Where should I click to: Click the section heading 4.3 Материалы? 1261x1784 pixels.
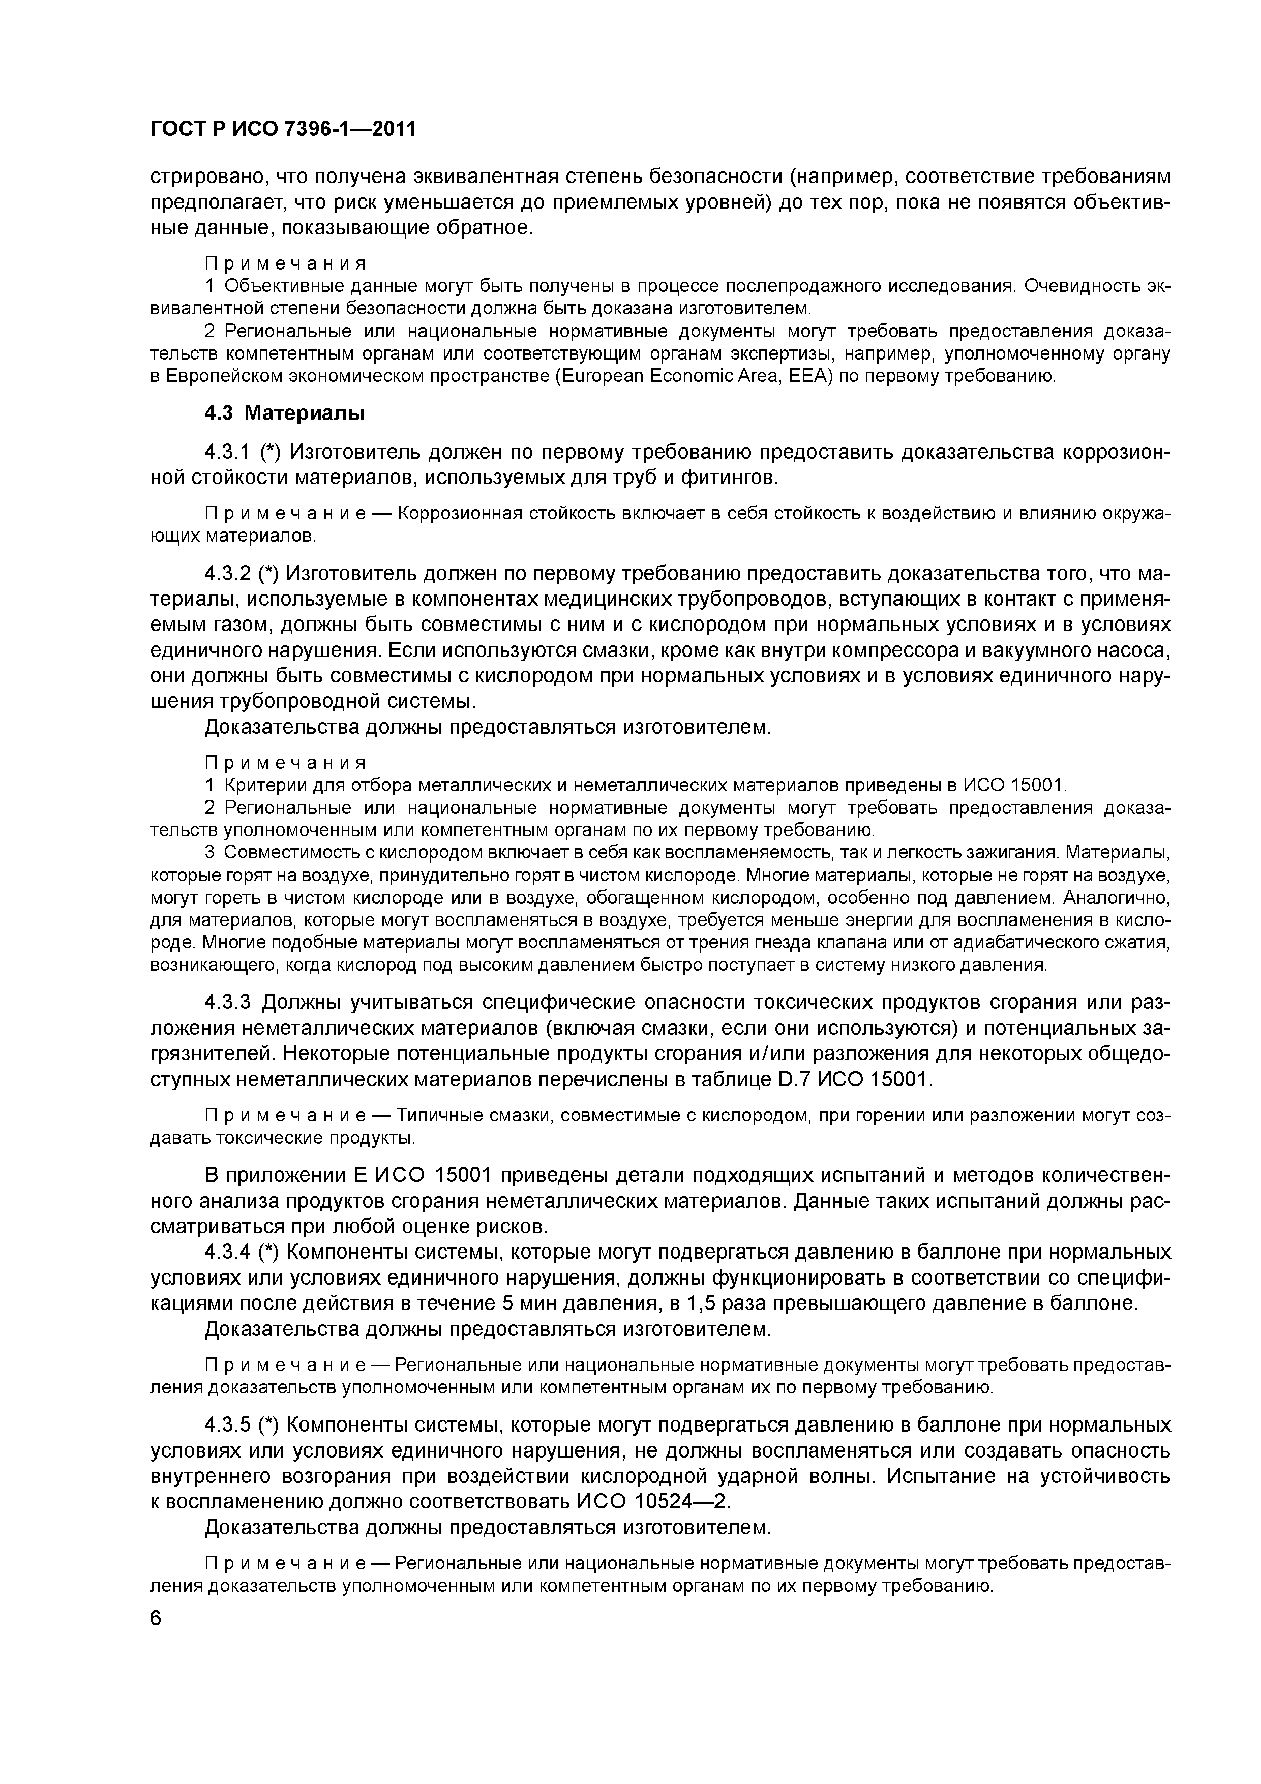click(x=284, y=413)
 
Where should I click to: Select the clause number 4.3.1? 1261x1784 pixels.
click(x=228, y=452)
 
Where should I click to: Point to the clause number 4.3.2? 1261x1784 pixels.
click(x=228, y=574)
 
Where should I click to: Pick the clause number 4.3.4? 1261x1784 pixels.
click(x=228, y=1253)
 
